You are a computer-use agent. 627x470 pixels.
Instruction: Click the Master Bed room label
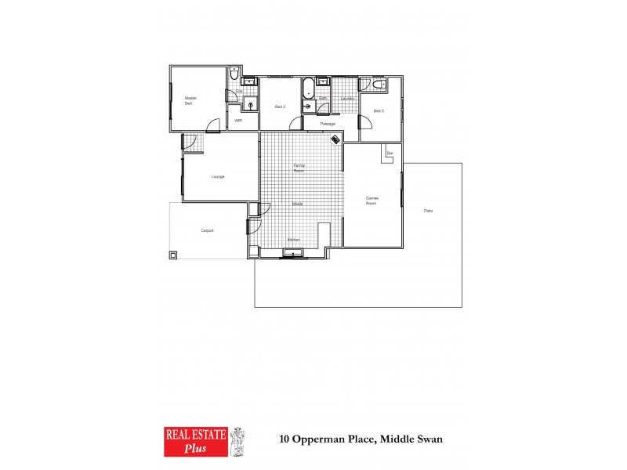click(x=189, y=100)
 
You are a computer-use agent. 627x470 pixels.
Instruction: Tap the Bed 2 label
click(x=279, y=107)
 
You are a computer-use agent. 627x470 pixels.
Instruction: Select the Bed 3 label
click(x=378, y=111)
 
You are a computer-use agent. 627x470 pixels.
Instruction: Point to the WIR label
click(x=237, y=121)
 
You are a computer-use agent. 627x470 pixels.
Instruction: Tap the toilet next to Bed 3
click(x=377, y=85)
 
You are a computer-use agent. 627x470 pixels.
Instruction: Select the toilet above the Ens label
click(x=234, y=74)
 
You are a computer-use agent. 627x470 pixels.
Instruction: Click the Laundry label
click(x=348, y=99)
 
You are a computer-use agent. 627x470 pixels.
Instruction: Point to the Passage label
click(x=328, y=124)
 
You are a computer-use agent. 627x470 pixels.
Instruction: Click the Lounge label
click(x=218, y=176)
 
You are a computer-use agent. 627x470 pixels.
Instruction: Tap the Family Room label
click(x=299, y=168)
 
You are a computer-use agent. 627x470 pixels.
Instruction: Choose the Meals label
click(x=298, y=204)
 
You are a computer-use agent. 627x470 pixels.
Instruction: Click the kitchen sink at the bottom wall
click(x=294, y=252)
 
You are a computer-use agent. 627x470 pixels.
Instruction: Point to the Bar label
click(x=390, y=153)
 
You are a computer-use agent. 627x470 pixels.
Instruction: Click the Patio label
click(x=428, y=211)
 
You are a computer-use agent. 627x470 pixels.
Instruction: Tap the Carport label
click(x=208, y=230)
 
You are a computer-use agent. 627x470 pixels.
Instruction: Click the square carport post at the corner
click(x=173, y=255)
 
